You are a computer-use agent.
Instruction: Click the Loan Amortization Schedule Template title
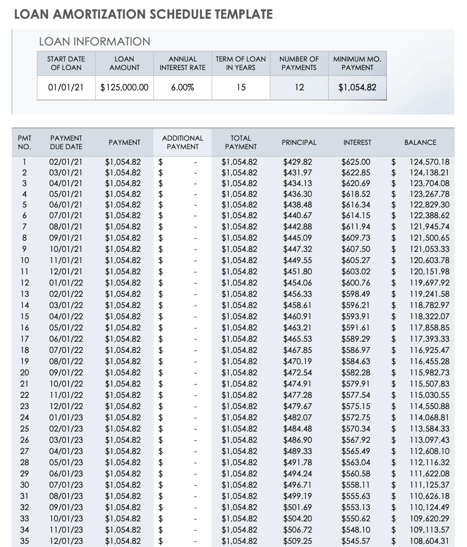click(x=143, y=14)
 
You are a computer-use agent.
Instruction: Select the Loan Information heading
click(x=95, y=42)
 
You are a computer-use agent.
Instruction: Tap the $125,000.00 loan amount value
click(x=124, y=87)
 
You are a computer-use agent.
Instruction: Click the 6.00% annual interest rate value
click(x=183, y=87)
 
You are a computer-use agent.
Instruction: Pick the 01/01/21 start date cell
click(x=66, y=87)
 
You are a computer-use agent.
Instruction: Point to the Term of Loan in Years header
click(x=241, y=63)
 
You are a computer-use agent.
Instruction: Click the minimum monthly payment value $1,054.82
click(x=357, y=87)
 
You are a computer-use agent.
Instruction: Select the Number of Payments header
click(x=299, y=63)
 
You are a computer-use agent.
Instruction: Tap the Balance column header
click(x=420, y=142)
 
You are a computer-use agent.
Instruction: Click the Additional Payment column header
click(x=183, y=142)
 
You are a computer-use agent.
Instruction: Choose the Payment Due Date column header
click(x=66, y=142)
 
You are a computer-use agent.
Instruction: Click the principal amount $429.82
click(x=298, y=161)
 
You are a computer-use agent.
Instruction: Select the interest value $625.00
click(x=356, y=161)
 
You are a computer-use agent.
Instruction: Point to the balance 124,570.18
click(x=430, y=161)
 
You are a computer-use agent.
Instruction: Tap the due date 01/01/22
click(x=66, y=283)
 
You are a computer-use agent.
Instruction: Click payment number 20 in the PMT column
click(x=25, y=373)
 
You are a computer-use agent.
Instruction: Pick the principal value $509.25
click(x=298, y=541)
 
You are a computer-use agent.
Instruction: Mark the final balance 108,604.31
click(x=430, y=541)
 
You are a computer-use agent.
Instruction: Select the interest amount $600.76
click(x=356, y=283)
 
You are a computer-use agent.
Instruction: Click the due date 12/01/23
click(x=66, y=541)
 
